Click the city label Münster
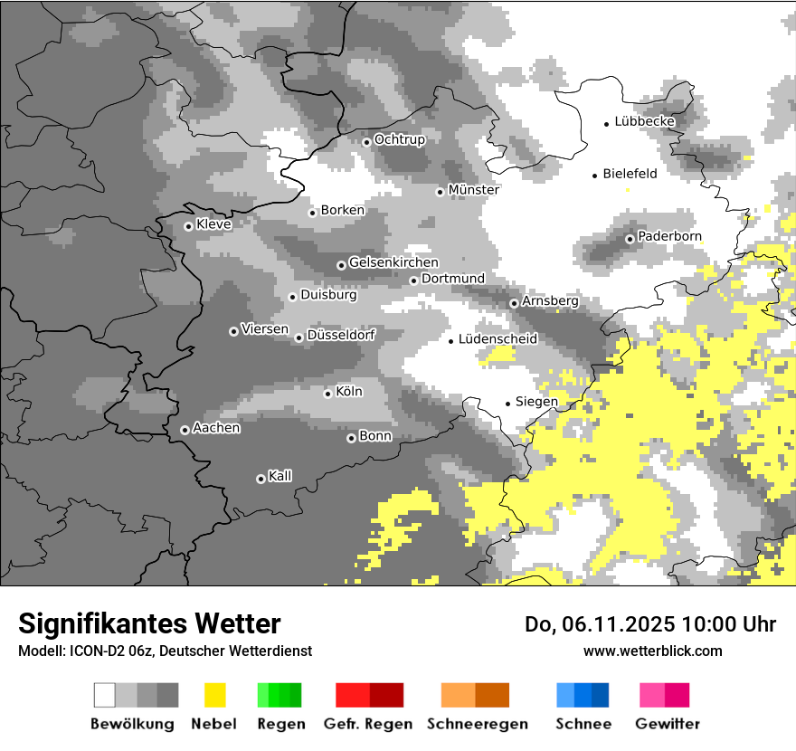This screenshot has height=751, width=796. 474,190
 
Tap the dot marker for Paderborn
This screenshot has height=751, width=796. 630,239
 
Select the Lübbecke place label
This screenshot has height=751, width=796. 644,121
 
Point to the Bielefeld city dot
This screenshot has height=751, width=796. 595,176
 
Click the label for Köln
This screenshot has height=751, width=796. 349,392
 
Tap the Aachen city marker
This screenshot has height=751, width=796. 185,430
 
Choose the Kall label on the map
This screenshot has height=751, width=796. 280,476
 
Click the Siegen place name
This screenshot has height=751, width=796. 536,401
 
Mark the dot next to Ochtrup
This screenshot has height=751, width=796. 366,141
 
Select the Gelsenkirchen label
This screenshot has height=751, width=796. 393,262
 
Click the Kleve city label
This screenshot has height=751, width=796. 213,224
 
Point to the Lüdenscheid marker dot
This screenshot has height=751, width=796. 451,341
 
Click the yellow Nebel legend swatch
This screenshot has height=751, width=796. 214,695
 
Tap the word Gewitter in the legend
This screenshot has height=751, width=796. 668,724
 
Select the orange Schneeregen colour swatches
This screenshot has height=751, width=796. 475,695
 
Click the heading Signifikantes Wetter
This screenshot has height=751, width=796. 149,623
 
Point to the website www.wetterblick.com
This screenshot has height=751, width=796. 652,651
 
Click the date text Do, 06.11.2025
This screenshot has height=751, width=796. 594,624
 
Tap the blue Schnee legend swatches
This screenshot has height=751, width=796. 583,695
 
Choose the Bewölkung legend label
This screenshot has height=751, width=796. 132,724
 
